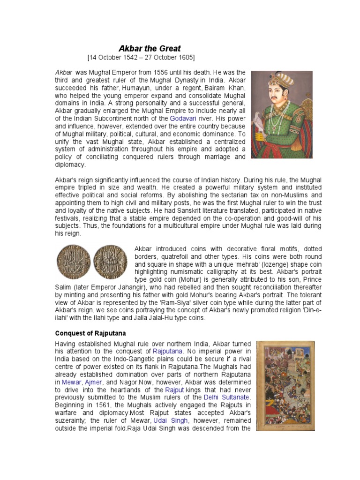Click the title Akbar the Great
(x=150, y=49)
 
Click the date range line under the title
(x=141, y=58)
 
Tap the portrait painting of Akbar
(x=281, y=114)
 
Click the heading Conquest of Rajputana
(x=91, y=333)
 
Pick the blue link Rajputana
(x=169, y=351)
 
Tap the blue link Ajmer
(x=93, y=382)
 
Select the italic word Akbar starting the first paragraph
(x=64, y=73)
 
